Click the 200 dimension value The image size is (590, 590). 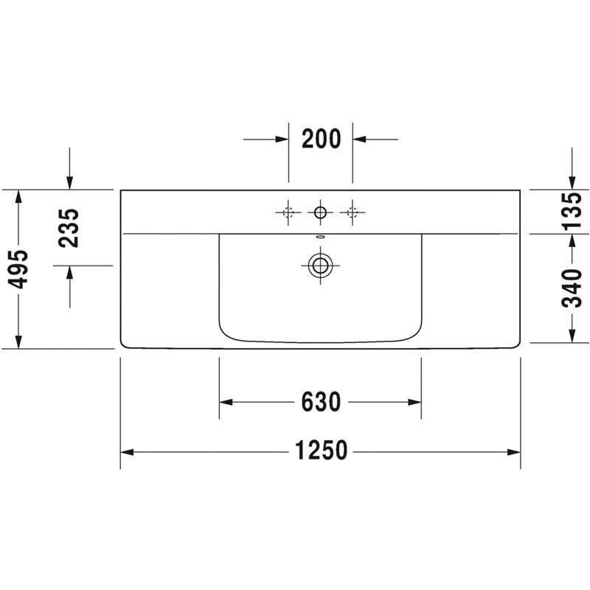322,139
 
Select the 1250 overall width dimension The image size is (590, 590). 321,451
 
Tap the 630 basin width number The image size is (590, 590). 321,402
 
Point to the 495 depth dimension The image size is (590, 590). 18,269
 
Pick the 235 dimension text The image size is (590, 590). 69,228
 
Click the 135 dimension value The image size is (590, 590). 572,211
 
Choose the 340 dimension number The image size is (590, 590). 572,288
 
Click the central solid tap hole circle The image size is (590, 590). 320,212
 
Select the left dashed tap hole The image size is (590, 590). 288,212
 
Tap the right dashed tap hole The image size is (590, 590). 353,212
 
